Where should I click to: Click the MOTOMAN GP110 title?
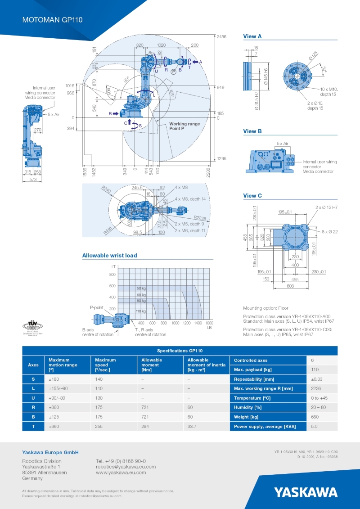(52, 20)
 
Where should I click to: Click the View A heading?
(252, 36)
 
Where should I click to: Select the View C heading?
(252, 196)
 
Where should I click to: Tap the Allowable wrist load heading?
(109, 256)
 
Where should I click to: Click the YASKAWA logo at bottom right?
(306, 491)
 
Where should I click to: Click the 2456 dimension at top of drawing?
(221, 36)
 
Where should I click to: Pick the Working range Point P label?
(184, 126)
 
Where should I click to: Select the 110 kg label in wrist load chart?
(141, 311)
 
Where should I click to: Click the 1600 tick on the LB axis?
(209, 323)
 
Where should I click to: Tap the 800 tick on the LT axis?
(112, 274)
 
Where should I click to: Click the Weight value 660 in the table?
(315, 417)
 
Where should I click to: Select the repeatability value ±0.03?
(317, 379)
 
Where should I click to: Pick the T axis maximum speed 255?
(99, 427)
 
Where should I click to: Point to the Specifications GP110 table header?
(180, 351)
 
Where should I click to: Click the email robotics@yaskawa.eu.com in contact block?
(126, 467)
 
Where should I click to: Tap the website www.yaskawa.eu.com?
(121, 473)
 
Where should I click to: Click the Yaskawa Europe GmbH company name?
(50, 452)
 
